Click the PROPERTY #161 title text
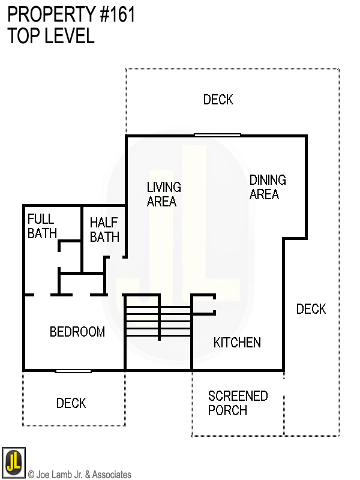tap(71, 15)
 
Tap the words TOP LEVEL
tap(51, 36)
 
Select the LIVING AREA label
tap(164, 194)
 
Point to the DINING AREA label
tap(267, 187)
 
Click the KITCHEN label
tap(237, 343)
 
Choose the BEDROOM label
tap(77, 332)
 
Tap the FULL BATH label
tap(42, 226)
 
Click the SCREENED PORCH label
tap(237, 403)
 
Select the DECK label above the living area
tap(218, 100)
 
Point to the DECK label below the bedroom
tap(71, 403)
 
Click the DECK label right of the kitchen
tap(311, 309)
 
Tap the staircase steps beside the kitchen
tap(157, 321)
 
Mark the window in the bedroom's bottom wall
tap(73, 371)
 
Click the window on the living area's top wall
tap(217, 135)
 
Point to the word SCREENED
tap(238, 396)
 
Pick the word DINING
tap(268, 179)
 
